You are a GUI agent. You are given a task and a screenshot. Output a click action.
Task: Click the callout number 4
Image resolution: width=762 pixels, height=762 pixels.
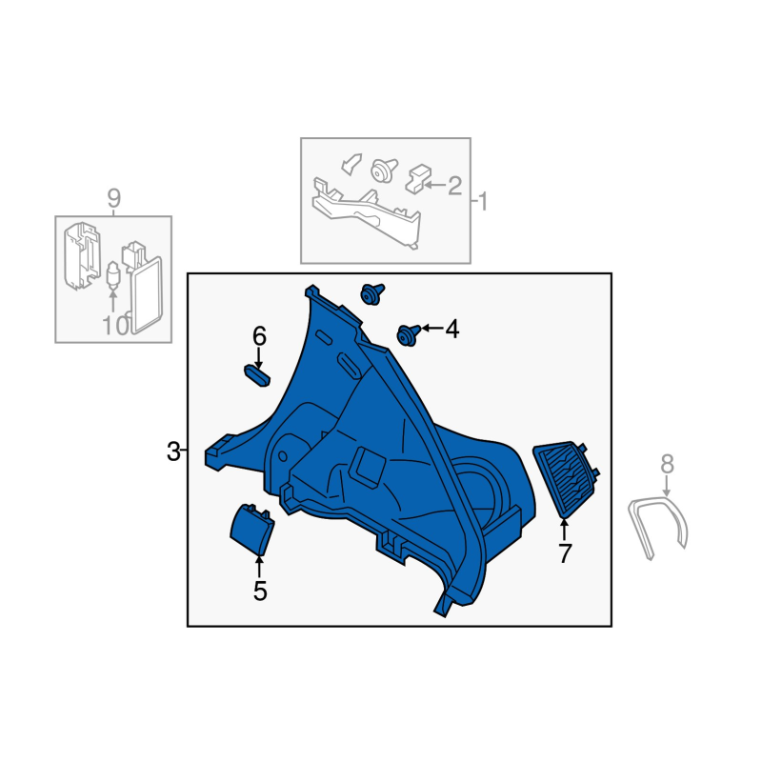451,329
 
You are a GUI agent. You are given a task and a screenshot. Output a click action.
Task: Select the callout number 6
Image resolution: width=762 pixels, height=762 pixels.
259,336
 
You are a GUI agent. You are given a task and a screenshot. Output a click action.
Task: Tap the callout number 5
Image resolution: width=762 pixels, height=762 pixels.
260,591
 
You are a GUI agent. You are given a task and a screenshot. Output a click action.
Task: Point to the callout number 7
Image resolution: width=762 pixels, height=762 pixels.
564,553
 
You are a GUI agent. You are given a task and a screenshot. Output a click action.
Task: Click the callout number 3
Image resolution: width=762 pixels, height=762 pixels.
173,451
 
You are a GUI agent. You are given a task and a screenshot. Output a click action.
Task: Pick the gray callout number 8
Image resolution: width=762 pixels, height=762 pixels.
668,464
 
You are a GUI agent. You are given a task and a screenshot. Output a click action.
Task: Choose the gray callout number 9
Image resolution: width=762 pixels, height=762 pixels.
113,198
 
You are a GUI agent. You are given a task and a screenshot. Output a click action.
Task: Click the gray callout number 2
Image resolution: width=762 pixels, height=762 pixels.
455,186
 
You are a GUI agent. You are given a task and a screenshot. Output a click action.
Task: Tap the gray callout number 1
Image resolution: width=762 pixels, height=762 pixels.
483,201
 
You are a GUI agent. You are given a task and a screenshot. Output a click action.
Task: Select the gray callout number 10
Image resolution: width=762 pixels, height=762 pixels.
115,325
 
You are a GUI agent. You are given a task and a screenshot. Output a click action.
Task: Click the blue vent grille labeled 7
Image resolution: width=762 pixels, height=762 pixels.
566,479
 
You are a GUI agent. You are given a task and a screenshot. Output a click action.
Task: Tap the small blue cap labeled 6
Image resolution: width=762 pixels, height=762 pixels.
257,375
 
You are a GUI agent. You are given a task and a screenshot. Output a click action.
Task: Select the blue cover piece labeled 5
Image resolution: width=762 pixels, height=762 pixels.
252,530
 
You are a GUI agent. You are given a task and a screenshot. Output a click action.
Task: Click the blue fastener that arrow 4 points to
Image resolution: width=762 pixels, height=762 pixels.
408,335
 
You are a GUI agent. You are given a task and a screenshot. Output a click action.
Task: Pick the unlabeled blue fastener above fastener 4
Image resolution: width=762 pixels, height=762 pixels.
371,294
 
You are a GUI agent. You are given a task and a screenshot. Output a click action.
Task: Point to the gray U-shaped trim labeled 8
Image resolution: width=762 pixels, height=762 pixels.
657,527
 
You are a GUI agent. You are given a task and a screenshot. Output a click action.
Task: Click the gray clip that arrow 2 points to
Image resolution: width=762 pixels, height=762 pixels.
418,179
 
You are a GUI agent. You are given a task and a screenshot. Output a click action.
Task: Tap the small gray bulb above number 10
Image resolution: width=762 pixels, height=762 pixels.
112,274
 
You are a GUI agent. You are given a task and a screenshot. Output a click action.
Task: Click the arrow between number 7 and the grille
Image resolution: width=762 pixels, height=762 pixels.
564,531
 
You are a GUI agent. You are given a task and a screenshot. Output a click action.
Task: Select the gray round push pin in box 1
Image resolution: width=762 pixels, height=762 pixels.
384,170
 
